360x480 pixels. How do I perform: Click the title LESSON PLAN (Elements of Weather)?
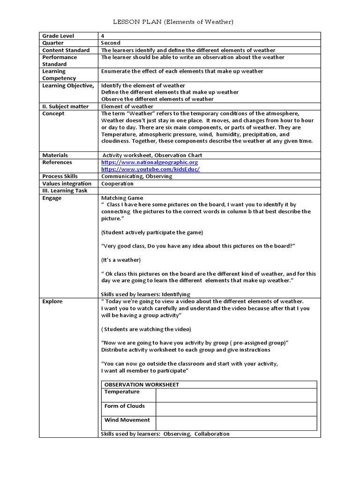[x=174, y=22]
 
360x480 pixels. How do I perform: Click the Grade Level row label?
[x=58, y=36]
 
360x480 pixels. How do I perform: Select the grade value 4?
[x=103, y=36]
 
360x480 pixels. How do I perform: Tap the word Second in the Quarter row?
[x=111, y=43]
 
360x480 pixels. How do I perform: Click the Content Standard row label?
[x=66, y=50]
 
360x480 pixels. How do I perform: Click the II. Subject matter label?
[x=65, y=106]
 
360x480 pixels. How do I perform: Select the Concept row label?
[x=53, y=113]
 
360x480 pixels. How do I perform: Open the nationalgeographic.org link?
[x=150, y=162]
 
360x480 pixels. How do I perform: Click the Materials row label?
[x=55, y=155]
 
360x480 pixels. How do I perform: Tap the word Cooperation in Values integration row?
[x=117, y=184]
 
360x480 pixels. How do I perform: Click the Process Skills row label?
[x=60, y=176]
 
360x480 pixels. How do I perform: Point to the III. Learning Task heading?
[x=64, y=191]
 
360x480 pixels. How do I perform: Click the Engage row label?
[x=52, y=198]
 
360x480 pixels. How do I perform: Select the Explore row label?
[x=52, y=301]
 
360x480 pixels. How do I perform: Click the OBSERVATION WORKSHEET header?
[x=142, y=385]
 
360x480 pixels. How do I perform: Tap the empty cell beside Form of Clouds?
[x=236, y=409]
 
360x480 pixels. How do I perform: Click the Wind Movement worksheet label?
[x=127, y=420]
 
